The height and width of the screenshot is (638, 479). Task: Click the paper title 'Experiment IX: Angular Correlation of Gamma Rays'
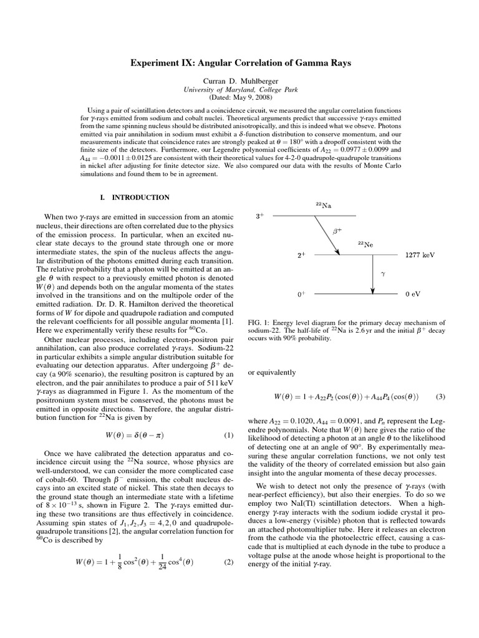pyautogui.click(x=240, y=63)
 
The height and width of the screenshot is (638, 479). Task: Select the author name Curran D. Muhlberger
pyautogui.click(x=240, y=81)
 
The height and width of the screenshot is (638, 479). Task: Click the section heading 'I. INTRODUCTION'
pyautogui.click(x=135, y=198)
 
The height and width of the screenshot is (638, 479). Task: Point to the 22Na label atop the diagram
pyautogui.click(x=323, y=205)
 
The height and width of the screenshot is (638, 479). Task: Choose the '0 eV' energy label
pyautogui.click(x=414, y=293)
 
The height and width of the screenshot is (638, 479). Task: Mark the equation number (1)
pyautogui.click(x=228, y=434)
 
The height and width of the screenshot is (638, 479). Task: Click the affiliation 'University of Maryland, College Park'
pyautogui.click(x=240, y=89)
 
